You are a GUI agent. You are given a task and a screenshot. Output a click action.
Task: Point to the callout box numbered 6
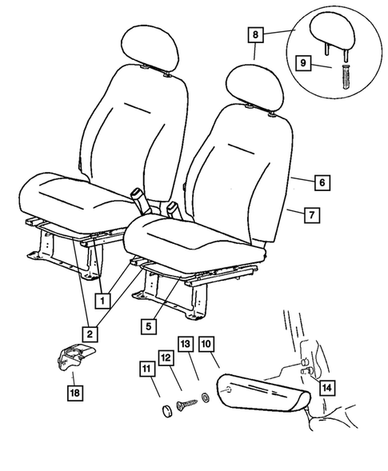tap(321, 183)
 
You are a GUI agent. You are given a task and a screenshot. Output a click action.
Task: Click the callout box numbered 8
tap(255, 34)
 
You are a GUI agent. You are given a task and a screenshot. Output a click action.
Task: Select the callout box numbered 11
tap(146, 369)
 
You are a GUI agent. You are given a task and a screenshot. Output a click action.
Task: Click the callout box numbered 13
tap(186, 344)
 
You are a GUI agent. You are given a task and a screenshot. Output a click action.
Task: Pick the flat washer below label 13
tap(206, 394)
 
